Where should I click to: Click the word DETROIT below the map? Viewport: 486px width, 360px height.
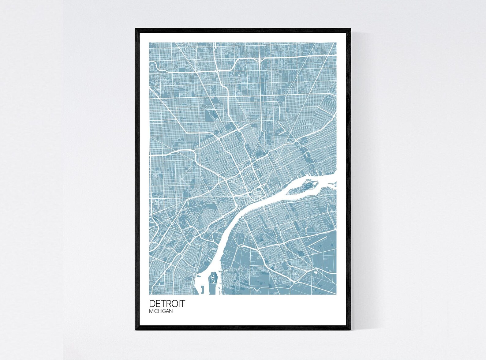pos(167,303)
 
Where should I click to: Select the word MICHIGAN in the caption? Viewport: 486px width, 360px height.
pos(161,311)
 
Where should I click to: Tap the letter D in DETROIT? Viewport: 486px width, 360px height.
pos(152,303)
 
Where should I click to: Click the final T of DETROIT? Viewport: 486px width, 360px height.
pos(183,303)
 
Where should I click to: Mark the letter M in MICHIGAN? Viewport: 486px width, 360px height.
pos(151,311)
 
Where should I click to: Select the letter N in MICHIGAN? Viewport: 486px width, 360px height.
pos(171,311)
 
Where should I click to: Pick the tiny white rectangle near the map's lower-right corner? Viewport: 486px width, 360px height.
pos(316,271)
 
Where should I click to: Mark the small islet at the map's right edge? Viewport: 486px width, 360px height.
pos(335,184)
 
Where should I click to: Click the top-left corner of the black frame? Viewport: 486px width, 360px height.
pos(136,29)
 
